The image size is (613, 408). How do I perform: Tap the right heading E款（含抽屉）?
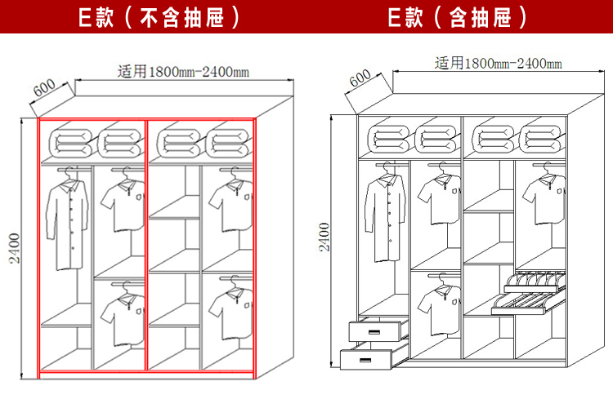456,17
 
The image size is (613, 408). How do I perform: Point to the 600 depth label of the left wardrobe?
45,89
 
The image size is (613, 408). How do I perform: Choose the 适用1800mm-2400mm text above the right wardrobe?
498,63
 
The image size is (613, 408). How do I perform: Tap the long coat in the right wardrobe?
385,215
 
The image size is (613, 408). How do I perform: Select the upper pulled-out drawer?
377,330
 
